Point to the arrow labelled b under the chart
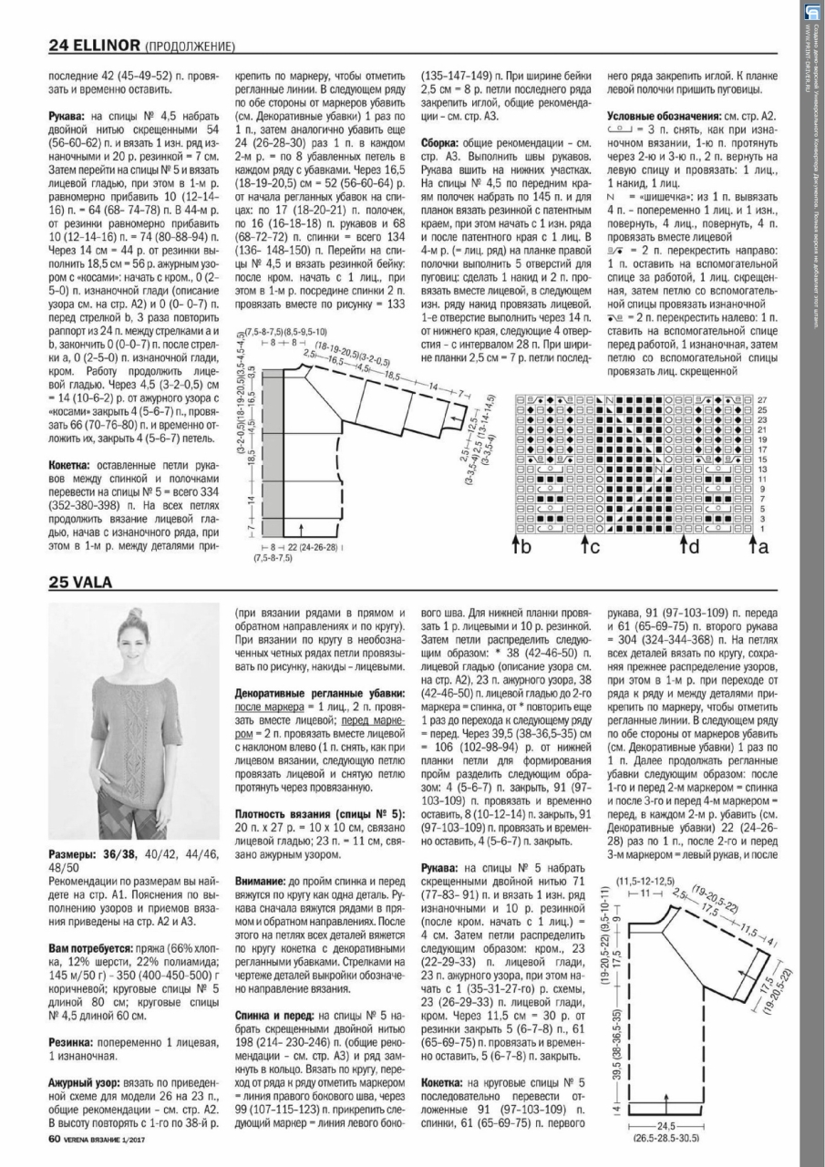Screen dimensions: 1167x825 coord(521,547)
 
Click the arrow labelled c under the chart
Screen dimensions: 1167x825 coord(590,547)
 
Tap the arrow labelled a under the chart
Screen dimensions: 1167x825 coord(758,547)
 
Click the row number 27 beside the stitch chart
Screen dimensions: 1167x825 coord(763,399)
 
